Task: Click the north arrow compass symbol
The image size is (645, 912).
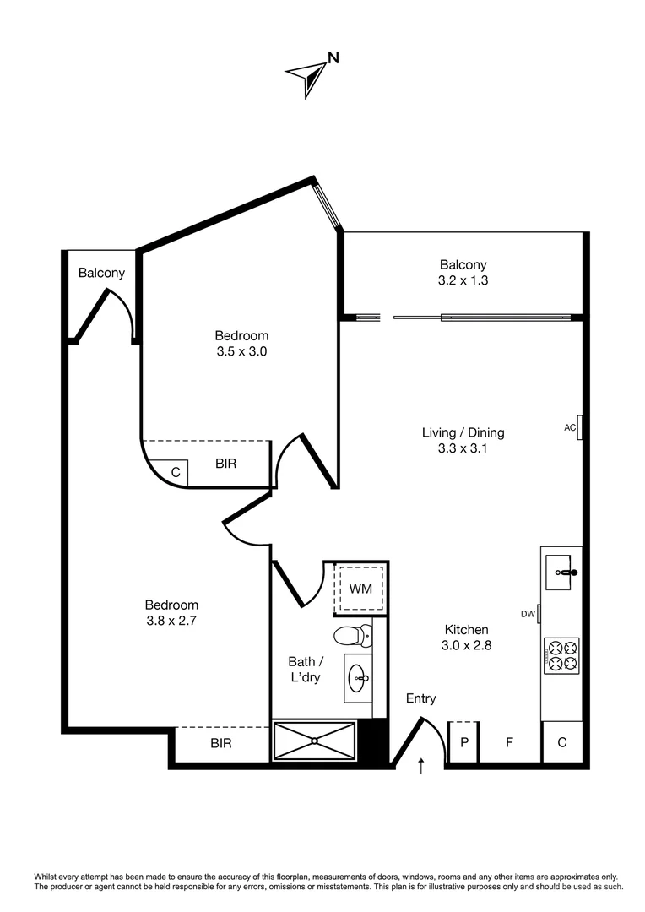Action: pyautogui.click(x=310, y=74)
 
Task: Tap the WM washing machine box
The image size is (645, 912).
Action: pyautogui.click(x=360, y=588)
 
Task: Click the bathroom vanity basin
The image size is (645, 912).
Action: pyautogui.click(x=358, y=676)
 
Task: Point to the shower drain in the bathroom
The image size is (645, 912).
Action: pyautogui.click(x=315, y=741)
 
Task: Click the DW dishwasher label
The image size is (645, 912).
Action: pyautogui.click(x=528, y=614)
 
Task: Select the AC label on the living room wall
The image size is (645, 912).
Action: pyautogui.click(x=569, y=428)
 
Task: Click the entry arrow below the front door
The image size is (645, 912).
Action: pyautogui.click(x=421, y=766)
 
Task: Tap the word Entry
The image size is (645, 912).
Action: pyautogui.click(x=420, y=698)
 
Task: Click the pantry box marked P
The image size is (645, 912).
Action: pyautogui.click(x=463, y=743)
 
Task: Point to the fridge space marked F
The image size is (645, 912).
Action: pyautogui.click(x=509, y=743)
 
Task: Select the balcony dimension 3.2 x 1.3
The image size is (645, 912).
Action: pyautogui.click(x=463, y=281)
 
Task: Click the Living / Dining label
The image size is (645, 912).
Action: pyautogui.click(x=463, y=432)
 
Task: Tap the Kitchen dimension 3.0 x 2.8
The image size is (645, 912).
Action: pyautogui.click(x=466, y=645)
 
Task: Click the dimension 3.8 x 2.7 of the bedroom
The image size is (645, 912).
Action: pyautogui.click(x=171, y=621)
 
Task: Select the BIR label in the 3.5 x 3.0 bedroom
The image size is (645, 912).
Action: pyautogui.click(x=225, y=464)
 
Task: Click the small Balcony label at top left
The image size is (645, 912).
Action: pyautogui.click(x=101, y=273)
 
